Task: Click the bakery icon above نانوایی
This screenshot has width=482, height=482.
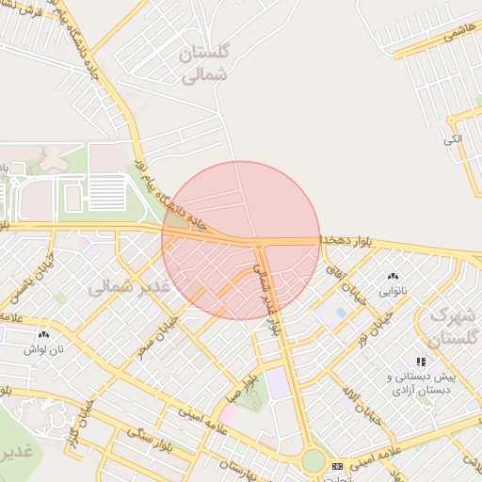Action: click(x=393, y=276)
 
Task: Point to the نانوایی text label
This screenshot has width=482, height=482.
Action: click(x=393, y=291)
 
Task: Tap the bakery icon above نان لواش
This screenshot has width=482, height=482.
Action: click(x=43, y=334)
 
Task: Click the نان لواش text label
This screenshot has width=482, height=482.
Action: click(x=43, y=349)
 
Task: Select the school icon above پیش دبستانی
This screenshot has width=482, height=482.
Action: click(x=421, y=361)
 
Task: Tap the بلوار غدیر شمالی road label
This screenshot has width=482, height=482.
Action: click(x=269, y=300)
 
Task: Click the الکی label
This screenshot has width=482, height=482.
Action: click(x=454, y=139)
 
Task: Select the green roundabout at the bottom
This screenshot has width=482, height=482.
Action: click(x=313, y=461)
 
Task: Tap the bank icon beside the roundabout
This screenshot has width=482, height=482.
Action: click(x=337, y=466)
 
